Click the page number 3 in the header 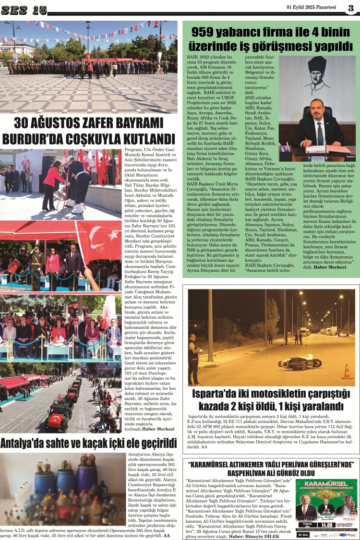point(351,8)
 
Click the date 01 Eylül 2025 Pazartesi point(312,7)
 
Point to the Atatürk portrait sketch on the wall point(317,74)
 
